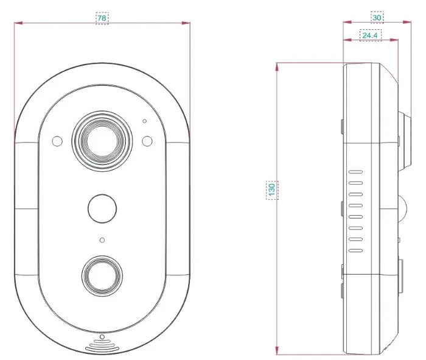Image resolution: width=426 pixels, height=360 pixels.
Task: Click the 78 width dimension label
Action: (102, 18)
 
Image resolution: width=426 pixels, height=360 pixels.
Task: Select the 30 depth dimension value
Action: (377, 18)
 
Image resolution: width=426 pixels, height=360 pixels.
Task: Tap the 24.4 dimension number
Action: (370, 35)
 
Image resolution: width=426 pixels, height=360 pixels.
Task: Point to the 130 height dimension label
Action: (271, 189)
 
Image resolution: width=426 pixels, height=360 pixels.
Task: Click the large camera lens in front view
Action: (102, 141)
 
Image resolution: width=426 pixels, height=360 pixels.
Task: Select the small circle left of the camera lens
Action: (57, 141)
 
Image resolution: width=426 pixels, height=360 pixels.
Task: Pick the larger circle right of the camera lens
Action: (147, 141)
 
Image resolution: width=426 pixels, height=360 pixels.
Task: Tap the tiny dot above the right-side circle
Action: (145, 121)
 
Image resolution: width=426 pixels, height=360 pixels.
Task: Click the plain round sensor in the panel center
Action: (102, 208)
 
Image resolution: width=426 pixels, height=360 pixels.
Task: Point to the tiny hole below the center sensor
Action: (102, 240)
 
